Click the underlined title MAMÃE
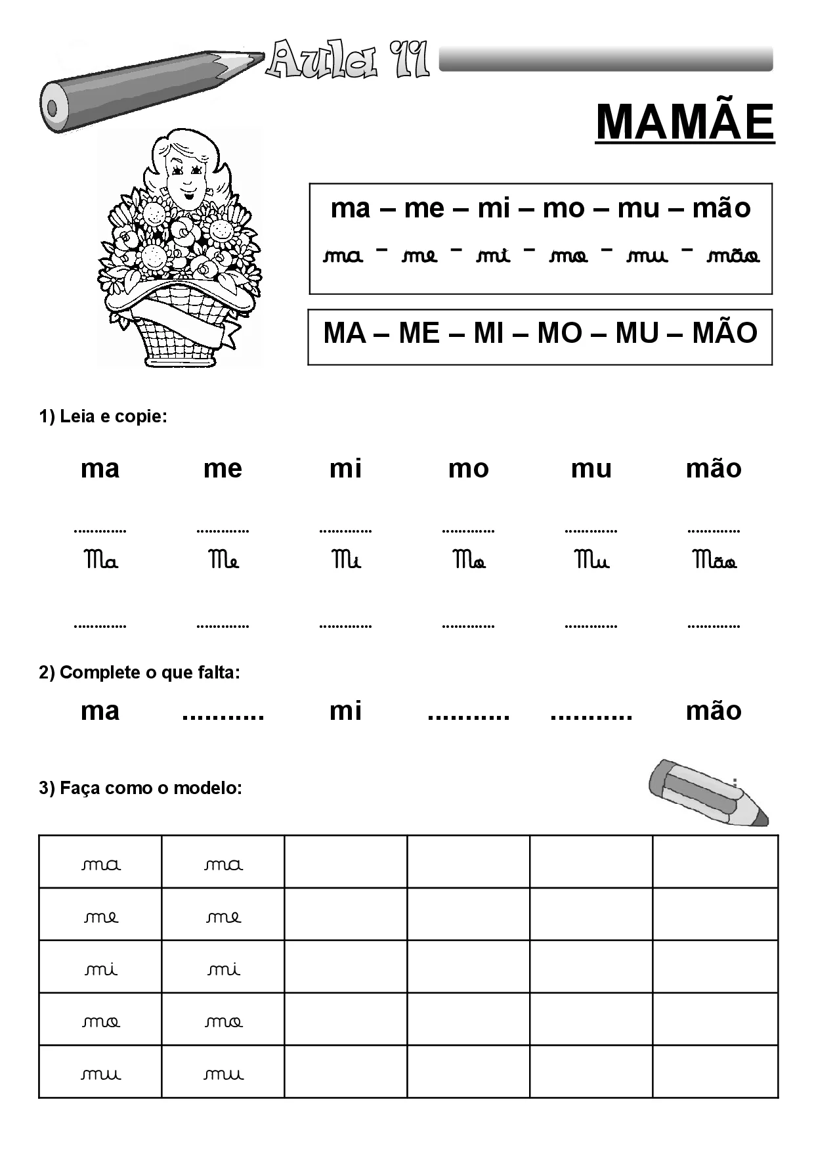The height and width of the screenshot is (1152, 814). (x=685, y=122)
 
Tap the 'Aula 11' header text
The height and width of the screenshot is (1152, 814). (x=348, y=60)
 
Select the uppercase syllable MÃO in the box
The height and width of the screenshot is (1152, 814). (x=725, y=333)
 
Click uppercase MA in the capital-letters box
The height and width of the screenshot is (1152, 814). (x=345, y=333)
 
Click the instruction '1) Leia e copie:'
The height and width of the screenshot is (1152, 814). (x=103, y=416)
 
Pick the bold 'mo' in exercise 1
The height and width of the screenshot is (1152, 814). (x=468, y=468)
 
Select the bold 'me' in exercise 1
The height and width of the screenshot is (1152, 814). (x=223, y=468)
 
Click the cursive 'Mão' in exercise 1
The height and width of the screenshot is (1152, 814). (x=714, y=560)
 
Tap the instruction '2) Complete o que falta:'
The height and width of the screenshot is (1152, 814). (x=139, y=672)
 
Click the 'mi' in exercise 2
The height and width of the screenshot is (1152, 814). (x=345, y=710)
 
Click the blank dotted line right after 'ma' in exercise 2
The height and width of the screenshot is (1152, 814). (x=223, y=716)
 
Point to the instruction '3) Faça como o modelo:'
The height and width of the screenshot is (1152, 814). (x=140, y=787)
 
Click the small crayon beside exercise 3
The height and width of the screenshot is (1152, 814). (x=708, y=793)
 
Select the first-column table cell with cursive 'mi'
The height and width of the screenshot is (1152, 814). (x=100, y=967)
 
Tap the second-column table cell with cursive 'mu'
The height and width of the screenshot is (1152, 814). (x=223, y=1072)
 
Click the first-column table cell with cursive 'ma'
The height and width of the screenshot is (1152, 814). (x=100, y=862)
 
